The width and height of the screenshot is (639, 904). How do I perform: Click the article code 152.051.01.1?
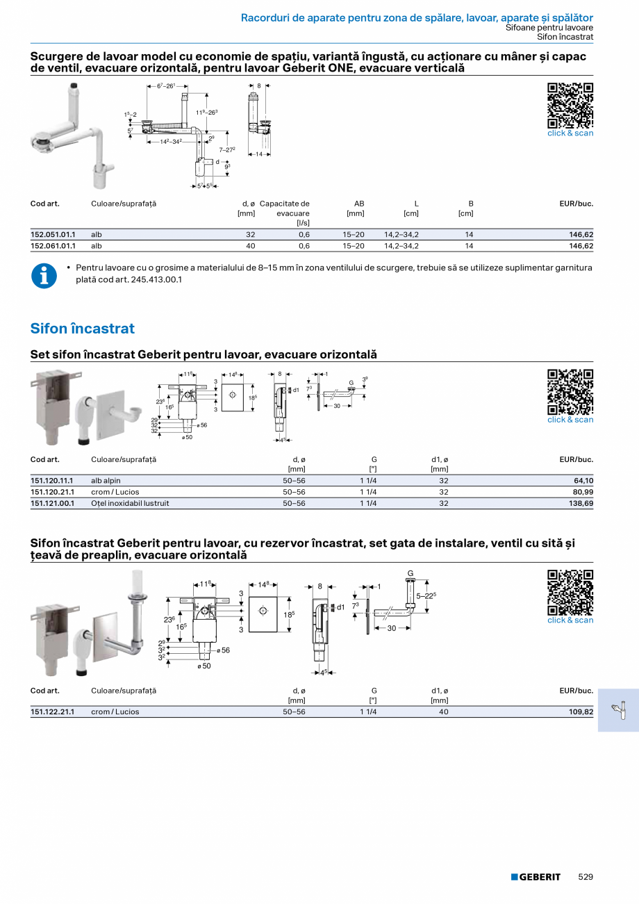(x=53, y=235)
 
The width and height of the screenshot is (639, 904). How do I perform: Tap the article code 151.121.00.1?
(x=53, y=503)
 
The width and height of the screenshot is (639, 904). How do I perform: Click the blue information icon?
(x=44, y=276)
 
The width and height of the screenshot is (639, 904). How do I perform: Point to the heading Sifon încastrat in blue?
(x=83, y=328)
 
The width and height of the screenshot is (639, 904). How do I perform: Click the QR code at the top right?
(x=570, y=105)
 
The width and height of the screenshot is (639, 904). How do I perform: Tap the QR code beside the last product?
(x=570, y=592)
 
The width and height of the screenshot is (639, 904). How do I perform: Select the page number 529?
(x=586, y=877)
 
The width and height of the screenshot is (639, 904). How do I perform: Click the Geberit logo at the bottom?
(x=536, y=877)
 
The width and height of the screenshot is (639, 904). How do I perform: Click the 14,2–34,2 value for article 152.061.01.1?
(x=401, y=246)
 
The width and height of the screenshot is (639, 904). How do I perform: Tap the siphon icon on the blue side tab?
(x=617, y=709)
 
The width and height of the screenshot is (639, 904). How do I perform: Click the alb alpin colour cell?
(x=106, y=481)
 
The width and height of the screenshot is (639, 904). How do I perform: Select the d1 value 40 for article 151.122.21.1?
(x=444, y=712)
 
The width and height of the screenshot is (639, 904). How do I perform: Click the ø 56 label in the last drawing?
(x=222, y=650)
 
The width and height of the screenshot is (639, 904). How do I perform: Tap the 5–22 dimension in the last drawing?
(x=426, y=595)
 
